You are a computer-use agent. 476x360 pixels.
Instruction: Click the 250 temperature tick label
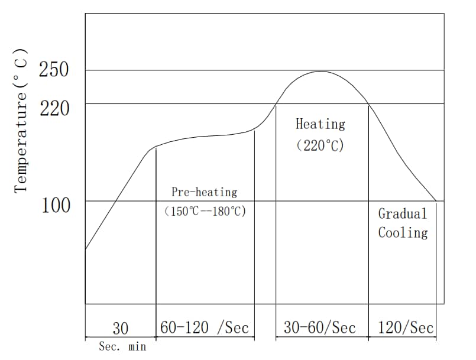click(x=54, y=70)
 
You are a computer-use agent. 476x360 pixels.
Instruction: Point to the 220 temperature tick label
click(x=54, y=108)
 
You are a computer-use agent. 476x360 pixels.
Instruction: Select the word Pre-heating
click(x=204, y=192)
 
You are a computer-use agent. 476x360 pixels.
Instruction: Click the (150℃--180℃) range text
click(x=205, y=211)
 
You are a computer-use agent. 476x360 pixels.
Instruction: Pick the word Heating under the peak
click(x=320, y=124)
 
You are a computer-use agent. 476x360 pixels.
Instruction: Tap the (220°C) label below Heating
click(x=320, y=145)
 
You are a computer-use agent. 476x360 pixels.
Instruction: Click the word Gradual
click(x=402, y=213)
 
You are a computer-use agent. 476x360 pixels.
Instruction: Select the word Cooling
click(x=403, y=232)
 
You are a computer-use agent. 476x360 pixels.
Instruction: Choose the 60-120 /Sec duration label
click(x=205, y=327)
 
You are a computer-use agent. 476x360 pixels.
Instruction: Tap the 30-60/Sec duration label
click(x=319, y=327)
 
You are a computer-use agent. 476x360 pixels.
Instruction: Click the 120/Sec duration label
click(x=405, y=327)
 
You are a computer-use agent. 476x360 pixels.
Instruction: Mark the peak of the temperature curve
click(x=320, y=72)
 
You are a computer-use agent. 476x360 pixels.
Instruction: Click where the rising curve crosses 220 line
click(x=276, y=104)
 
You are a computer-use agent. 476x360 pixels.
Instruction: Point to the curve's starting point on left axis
click(x=86, y=249)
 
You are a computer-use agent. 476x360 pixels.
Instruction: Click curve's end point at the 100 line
click(x=436, y=201)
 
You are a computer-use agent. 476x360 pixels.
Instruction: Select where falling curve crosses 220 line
click(x=368, y=104)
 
